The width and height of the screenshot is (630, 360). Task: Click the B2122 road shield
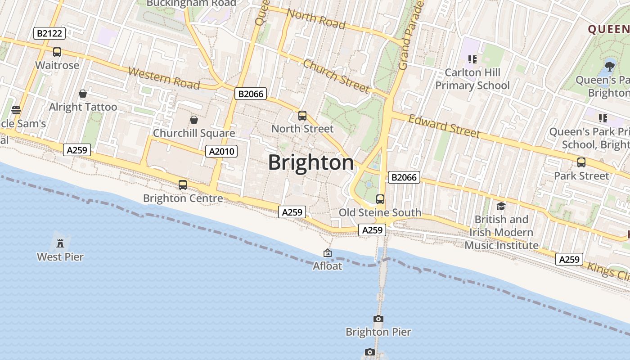[49, 33]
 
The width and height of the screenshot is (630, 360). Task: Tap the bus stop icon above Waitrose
[57, 52]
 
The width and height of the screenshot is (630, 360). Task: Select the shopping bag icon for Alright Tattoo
[83, 94]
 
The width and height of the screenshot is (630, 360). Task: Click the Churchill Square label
[194, 133]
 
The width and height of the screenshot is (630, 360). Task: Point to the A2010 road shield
[221, 151]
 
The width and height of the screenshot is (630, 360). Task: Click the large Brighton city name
[311, 162]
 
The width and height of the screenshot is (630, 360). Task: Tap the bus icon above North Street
[302, 116]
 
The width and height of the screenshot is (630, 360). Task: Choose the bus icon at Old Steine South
[380, 199]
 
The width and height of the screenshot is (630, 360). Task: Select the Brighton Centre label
[183, 198]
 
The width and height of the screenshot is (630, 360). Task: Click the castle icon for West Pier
[60, 243]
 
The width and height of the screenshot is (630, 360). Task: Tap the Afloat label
[328, 266]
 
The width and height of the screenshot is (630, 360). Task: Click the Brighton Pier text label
[378, 332]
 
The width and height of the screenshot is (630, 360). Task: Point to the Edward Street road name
[444, 126]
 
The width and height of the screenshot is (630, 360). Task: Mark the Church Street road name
[336, 76]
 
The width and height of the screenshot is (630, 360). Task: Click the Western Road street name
[164, 78]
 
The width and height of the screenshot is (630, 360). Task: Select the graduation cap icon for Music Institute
[501, 207]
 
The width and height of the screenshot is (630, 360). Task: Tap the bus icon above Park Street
[581, 162]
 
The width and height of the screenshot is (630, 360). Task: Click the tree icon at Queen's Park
[610, 67]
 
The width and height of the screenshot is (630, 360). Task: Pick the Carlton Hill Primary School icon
[472, 59]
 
